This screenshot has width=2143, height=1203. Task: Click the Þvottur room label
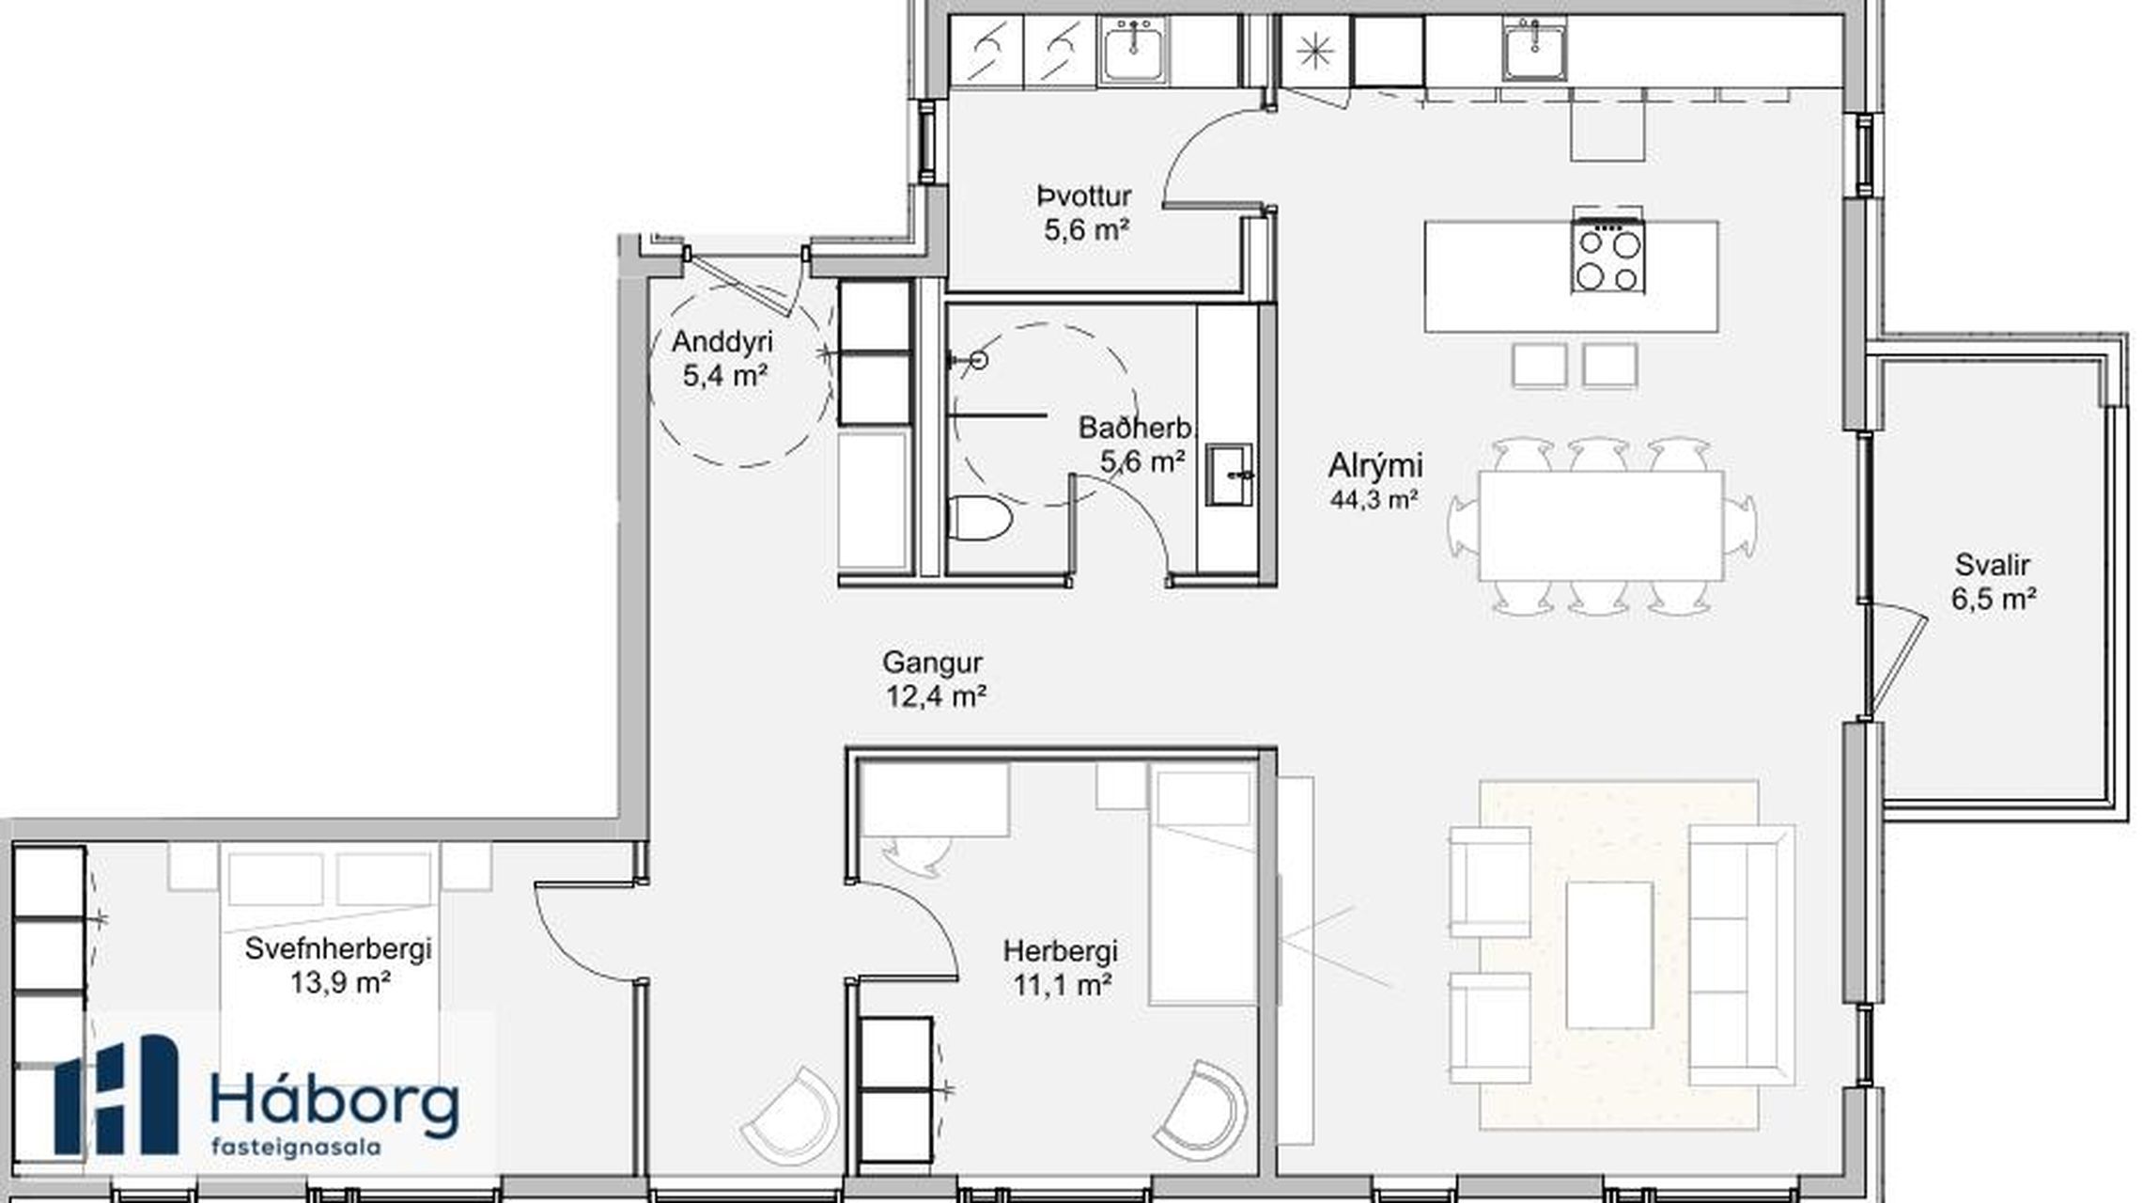coord(1084,196)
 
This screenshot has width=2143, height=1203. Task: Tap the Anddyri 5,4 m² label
coord(722,358)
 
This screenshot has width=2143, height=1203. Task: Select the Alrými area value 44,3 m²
coord(1374,500)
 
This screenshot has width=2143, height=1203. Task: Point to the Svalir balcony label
coord(1992,565)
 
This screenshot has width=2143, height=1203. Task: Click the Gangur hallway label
coord(932,663)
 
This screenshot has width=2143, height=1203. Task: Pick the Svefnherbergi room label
coord(338,948)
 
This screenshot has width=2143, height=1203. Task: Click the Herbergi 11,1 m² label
coord(1061,968)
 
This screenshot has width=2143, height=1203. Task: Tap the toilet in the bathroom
coord(979,519)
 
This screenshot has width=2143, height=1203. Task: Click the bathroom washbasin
coord(1230,475)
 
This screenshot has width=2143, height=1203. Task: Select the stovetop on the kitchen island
coord(1607,254)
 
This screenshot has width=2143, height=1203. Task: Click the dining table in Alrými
coord(1601,526)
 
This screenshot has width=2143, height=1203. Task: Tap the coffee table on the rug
coord(1609,955)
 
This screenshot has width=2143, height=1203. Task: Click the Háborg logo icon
coord(116,1095)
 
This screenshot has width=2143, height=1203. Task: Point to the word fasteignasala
coord(296,1148)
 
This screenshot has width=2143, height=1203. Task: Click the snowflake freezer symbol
coord(1315,52)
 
